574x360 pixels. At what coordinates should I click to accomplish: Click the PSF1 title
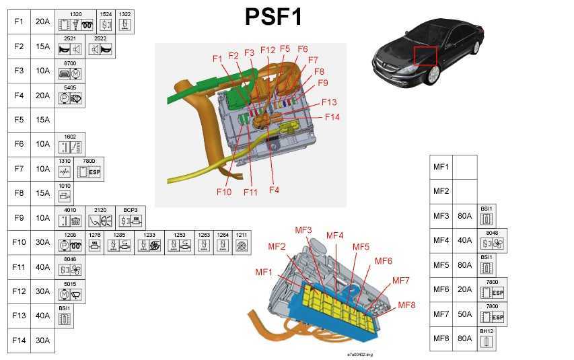tap(274, 16)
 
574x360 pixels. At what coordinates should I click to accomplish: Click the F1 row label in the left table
tap(19, 22)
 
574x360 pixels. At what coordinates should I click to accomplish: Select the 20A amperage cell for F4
tap(42, 96)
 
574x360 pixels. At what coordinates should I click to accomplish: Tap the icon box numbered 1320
tap(76, 22)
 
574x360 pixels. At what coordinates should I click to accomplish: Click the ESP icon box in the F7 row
tap(89, 169)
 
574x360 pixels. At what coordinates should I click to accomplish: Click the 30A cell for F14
tap(42, 340)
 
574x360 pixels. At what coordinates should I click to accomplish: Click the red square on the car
tap(425, 55)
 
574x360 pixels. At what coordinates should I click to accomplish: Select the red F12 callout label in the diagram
tap(268, 50)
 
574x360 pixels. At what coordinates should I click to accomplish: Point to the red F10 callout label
tap(225, 192)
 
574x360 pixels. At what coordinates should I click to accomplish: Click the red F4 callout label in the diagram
tap(274, 190)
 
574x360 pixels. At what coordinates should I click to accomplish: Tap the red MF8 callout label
tap(406, 305)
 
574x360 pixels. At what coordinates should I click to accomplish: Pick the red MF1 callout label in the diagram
tap(264, 272)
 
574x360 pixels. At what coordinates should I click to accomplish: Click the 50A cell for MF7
tap(464, 314)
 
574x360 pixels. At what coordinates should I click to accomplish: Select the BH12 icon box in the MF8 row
tap(487, 338)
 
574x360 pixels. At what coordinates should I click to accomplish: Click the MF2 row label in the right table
tap(441, 191)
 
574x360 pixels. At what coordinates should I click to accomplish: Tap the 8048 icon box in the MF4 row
tap(493, 241)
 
